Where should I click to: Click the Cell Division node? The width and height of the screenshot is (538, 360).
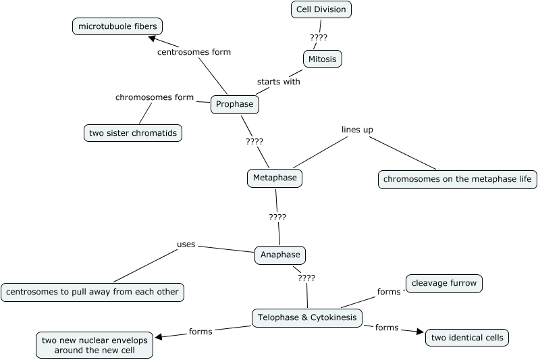322,9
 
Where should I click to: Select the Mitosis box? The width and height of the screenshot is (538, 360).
322,59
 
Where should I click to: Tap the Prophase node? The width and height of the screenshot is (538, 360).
235,105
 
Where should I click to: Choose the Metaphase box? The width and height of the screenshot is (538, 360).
273,178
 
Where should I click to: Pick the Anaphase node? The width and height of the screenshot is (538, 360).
279,255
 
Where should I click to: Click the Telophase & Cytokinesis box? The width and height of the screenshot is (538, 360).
307,317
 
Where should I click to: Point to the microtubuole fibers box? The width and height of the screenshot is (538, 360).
117,27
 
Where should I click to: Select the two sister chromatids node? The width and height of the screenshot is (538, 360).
133,133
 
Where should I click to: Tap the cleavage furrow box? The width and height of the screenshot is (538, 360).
443,284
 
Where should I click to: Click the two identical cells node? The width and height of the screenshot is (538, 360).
466,338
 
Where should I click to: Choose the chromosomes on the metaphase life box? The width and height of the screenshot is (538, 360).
457,180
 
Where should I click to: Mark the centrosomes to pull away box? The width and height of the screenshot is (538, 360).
92,292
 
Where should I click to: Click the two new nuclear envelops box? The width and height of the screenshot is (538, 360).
95,346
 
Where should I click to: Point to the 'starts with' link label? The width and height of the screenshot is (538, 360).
278,82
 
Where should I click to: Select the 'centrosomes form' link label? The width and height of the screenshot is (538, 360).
194,52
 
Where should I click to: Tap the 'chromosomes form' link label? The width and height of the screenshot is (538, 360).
155,97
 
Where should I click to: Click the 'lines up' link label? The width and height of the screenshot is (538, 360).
357,130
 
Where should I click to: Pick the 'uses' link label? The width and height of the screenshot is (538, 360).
186,245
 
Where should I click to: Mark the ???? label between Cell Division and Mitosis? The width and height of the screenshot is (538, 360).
318,38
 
